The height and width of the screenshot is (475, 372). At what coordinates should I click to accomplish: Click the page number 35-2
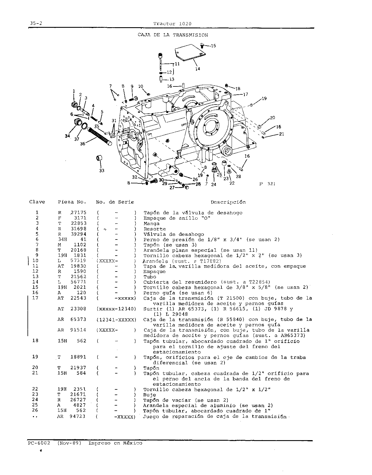pos(36,24)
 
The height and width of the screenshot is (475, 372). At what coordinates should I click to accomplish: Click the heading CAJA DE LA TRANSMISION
pos(173,35)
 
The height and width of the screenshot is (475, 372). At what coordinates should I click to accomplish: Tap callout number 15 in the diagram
pos(213,46)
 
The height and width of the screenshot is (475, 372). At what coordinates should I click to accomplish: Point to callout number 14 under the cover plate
pos(197,69)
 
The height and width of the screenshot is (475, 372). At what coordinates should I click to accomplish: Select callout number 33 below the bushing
pos(102,171)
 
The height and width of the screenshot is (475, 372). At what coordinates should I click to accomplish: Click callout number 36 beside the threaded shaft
pos(83,144)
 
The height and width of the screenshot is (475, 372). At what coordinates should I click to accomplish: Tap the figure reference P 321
pos(267,184)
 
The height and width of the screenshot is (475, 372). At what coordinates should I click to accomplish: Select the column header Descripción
pos(228,202)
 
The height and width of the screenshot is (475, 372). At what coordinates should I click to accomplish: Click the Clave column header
pos(37,202)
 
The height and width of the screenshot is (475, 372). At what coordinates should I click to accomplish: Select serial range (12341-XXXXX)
pos(116,319)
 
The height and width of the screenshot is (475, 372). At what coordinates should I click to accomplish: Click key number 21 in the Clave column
pos(35,373)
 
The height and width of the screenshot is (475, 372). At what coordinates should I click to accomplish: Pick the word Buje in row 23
pos(149,395)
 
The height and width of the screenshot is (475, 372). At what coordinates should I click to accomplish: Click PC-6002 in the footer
pos(39,443)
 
